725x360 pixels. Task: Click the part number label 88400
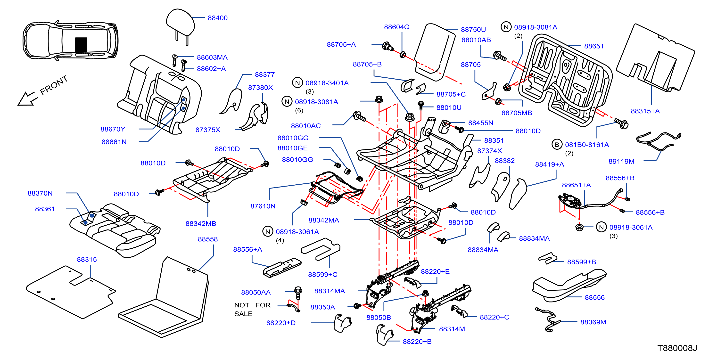[x=218, y=18]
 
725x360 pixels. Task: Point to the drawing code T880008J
[x=677, y=348]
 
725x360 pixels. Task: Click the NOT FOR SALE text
[x=252, y=309]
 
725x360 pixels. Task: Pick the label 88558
[x=208, y=239]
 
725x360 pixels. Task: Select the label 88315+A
[x=645, y=111]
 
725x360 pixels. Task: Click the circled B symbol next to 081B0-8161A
[x=557, y=145]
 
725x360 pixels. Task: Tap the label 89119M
[x=621, y=162]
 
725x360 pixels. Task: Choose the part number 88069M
[x=593, y=322]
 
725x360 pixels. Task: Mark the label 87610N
[x=263, y=206]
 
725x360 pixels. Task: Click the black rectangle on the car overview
[x=81, y=44]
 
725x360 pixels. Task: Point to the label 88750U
[x=473, y=30]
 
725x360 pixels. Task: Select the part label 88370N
[x=40, y=193]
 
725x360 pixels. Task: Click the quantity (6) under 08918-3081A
[x=299, y=110]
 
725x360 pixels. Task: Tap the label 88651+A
[x=577, y=185]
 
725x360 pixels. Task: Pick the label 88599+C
[x=322, y=274]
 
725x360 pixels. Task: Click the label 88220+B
[x=417, y=341]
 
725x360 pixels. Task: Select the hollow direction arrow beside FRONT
[x=28, y=98]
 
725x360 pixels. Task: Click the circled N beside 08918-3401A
[x=297, y=83]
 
